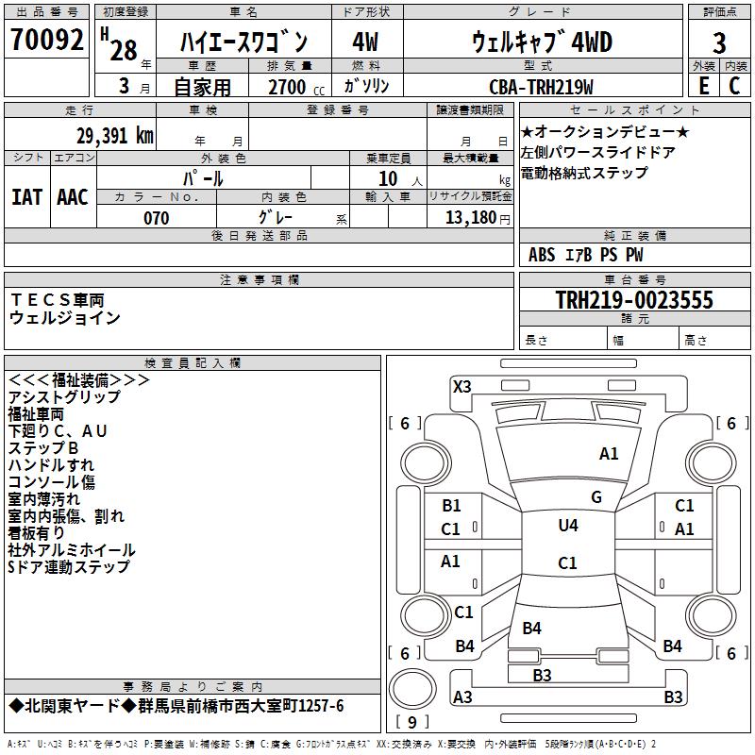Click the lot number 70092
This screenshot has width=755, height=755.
[x=46, y=40]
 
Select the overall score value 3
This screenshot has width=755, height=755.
[x=719, y=42]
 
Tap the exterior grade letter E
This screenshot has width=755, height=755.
[x=704, y=86]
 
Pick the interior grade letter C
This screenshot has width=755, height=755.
[x=734, y=86]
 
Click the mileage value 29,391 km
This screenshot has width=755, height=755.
[x=115, y=136]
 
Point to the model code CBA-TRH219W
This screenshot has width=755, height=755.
[x=541, y=87]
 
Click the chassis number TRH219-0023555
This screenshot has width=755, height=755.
[x=634, y=299]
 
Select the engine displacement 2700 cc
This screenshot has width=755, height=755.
[x=296, y=87]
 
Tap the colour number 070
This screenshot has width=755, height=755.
[x=156, y=218]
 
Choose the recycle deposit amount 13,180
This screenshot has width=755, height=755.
[x=471, y=218]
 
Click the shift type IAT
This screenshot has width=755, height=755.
[x=26, y=197]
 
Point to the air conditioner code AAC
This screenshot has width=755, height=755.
[x=73, y=197]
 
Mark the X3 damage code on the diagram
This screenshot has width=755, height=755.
[x=461, y=387]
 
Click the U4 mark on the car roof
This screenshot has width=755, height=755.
[x=568, y=525]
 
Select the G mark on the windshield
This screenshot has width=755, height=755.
[x=596, y=497]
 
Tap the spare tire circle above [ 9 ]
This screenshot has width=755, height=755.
[x=412, y=689]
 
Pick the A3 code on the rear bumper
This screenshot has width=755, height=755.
[x=462, y=696]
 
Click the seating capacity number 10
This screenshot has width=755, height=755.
[x=388, y=178]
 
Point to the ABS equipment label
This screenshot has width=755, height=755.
[x=542, y=255]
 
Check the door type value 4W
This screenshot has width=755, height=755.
[x=365, y=42]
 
